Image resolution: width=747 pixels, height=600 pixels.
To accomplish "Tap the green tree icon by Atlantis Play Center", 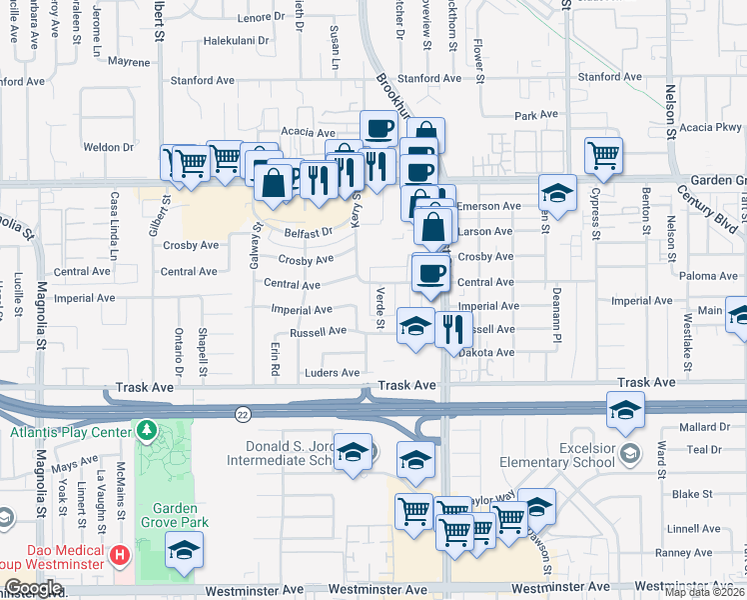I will tap(148, 431).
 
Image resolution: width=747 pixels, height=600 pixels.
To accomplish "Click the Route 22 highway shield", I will tap(244, 413).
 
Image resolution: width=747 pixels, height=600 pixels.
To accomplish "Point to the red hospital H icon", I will tap(120, 554).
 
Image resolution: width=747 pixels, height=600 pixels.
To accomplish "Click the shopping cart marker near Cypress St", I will tap(603, 155).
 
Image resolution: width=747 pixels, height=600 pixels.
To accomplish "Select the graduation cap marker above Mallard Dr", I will tap(625, 410).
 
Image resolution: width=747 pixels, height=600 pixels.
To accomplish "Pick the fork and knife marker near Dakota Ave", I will tap(453, 329).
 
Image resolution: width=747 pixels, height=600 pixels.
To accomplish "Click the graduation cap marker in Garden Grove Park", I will tap(184, 550).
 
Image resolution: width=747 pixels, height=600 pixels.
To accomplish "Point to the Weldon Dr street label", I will tap(108, 147).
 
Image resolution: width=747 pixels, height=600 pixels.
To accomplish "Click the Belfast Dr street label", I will tap(308, 233).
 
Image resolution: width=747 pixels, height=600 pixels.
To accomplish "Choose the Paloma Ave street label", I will tap(705, 275).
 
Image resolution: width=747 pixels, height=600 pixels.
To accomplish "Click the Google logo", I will tap(33, 589).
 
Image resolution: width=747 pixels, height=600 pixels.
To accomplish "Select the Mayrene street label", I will tap(128, 62).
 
